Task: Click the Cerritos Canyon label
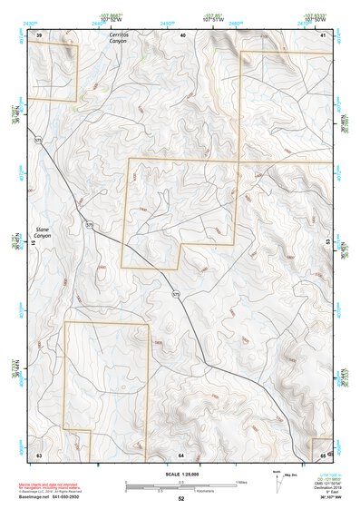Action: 119,38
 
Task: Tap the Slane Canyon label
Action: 43,233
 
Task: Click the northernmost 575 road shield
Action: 38,141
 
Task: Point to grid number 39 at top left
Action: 39,34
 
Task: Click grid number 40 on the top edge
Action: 182,34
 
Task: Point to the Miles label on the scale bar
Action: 241,482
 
